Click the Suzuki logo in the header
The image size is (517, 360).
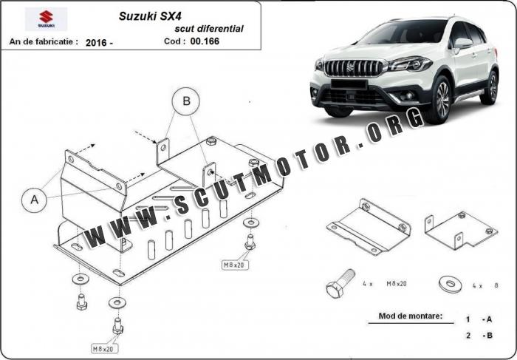coord(45,18)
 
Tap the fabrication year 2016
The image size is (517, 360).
coord(99,42)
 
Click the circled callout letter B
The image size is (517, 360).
coord(187,101)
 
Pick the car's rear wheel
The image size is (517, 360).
coord(490,87)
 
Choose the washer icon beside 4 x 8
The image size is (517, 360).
coord(448,282)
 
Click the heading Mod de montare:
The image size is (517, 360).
coord(410,316)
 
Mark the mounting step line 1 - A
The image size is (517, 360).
coord(479,319)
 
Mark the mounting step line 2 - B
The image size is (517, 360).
coord(479,335)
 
